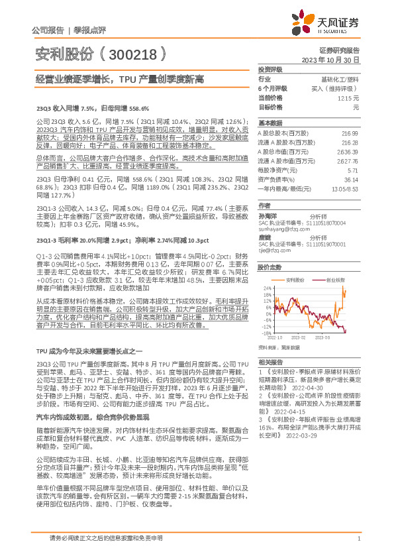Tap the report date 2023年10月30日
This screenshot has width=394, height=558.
tap(330, 59)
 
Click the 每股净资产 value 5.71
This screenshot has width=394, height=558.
tap(352, 170)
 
